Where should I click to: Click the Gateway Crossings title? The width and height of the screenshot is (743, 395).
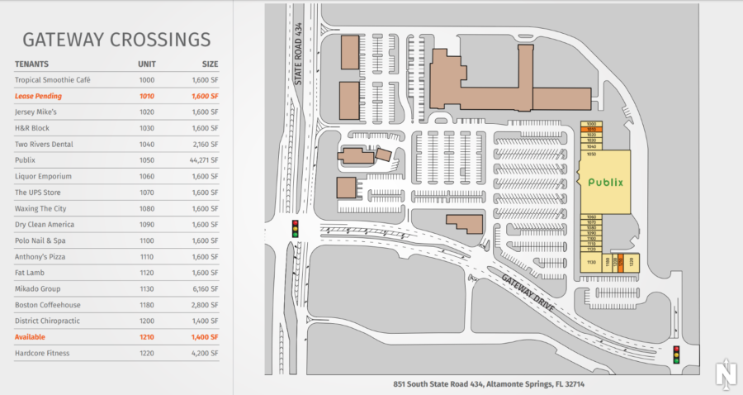[x=116, y=39]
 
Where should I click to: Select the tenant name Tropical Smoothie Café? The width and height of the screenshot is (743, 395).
[x=52, y=80]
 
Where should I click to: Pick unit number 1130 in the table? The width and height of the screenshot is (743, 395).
[x=146, y=289]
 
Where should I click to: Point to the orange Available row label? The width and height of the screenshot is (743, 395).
[x=30, y=337]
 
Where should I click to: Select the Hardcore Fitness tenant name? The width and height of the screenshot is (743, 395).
[x=42, y=353]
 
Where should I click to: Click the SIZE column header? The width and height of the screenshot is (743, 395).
[x=210, y=64]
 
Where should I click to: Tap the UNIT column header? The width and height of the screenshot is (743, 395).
[x=146, y=64]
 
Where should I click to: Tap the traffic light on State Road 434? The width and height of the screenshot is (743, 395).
[x=296, y=228]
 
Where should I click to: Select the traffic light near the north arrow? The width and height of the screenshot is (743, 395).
[x=677, y=355]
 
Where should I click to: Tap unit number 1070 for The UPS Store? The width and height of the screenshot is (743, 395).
[x=146, y=193]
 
